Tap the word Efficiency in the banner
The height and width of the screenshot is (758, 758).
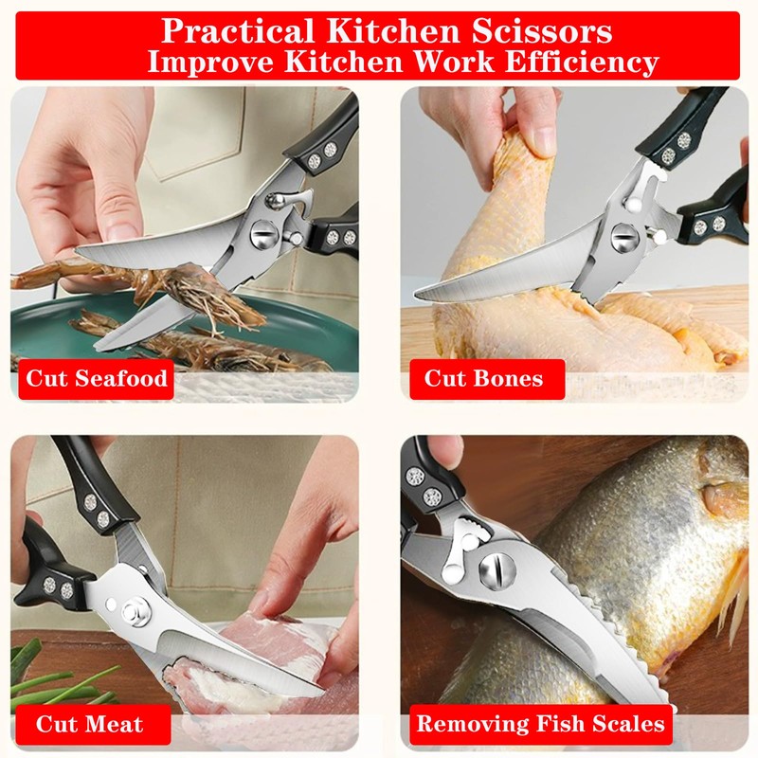click(581, 63)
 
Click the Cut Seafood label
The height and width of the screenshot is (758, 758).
click(97, 379)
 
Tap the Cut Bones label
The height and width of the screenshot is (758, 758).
click(483, 379)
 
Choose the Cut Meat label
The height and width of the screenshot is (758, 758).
click(90, 725)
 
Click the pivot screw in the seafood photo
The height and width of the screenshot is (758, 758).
click(264, 232)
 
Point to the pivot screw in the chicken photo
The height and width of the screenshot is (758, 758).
click(624, 235)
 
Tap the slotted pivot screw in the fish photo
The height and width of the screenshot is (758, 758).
click(495, 571)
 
